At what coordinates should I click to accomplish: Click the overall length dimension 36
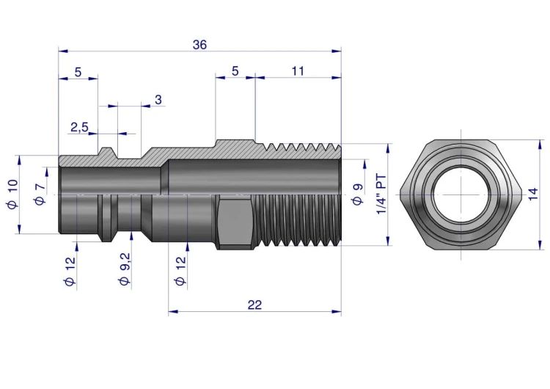pos(199,45)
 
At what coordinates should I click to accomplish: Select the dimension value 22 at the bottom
pos(254,305)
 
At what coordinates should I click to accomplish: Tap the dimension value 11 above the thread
pos(298,71)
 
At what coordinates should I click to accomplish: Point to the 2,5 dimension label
pos(79,127)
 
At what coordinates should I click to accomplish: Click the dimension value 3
pos(158,100)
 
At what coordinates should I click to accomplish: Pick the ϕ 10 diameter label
pos(12,194)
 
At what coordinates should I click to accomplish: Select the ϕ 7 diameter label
pos(40,194)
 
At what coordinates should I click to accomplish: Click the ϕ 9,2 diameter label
pos(125,269)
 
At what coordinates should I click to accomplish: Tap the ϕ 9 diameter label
pos(357,194)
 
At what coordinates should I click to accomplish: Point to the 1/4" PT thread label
pos(381,194)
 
